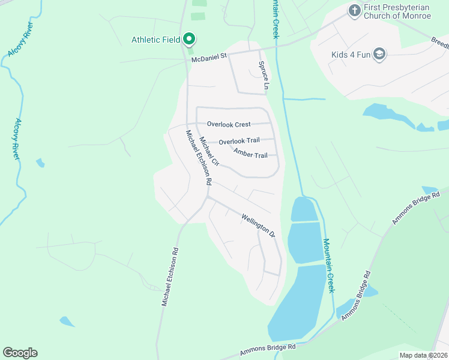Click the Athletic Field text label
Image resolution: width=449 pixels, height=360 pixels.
155,40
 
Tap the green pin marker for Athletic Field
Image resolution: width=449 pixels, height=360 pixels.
190,40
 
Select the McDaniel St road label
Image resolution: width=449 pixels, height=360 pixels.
208,58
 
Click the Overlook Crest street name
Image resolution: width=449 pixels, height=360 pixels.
229,124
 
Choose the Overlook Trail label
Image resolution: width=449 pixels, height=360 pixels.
239,141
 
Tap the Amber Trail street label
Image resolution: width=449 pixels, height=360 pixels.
250,155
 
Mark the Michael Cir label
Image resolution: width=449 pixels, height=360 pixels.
209,151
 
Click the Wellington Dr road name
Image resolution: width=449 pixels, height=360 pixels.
258,225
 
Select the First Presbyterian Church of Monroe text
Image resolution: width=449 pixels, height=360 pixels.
398,11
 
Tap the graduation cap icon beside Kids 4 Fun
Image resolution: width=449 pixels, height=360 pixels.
379,55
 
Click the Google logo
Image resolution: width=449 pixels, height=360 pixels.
20,353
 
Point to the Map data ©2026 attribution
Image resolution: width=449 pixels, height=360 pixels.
423,355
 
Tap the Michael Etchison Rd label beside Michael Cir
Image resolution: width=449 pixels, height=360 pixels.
199,157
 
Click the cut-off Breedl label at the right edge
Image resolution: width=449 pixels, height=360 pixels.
440,44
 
